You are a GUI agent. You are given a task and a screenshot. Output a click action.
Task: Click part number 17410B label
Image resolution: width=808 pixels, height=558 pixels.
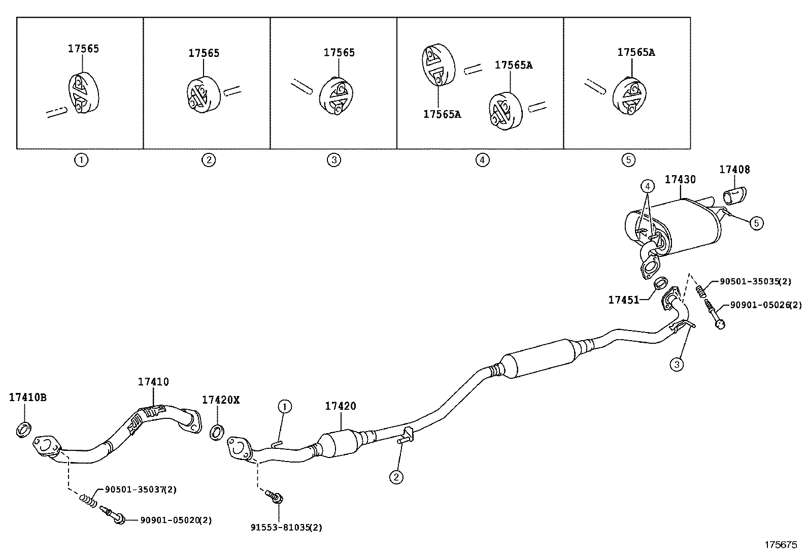[x=27, y=397]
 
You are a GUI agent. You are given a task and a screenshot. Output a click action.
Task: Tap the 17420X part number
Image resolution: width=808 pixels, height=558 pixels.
[x=220, y=400]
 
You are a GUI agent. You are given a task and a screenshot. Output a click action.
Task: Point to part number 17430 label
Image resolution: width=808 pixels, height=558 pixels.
[x=680, y=179]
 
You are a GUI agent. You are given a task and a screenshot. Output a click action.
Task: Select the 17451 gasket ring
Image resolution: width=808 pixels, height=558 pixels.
[x=660, y=282]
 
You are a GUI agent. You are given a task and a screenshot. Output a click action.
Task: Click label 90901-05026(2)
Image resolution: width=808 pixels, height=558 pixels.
[x=766, y=305]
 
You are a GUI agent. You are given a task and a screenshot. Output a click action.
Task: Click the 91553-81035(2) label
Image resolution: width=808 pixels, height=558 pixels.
[x=286, y=527]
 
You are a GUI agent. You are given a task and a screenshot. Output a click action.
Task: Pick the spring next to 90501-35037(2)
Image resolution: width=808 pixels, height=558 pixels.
[x=88, y=501]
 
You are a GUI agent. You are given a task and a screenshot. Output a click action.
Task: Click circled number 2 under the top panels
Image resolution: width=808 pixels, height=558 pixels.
[x=209, y=160]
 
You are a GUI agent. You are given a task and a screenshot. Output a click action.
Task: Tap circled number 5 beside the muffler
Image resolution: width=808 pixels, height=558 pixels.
[x=756, y=223]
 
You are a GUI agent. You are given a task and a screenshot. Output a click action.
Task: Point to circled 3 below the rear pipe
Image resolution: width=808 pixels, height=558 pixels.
[x=677, y=364]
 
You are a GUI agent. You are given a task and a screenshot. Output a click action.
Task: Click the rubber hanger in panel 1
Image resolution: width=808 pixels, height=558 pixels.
[x=82, y=93]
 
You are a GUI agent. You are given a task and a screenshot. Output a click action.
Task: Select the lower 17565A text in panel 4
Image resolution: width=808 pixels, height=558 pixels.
[x=442, y=114]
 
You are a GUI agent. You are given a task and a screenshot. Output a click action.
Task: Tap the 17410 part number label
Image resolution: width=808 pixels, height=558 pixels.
[x=153, y=382]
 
